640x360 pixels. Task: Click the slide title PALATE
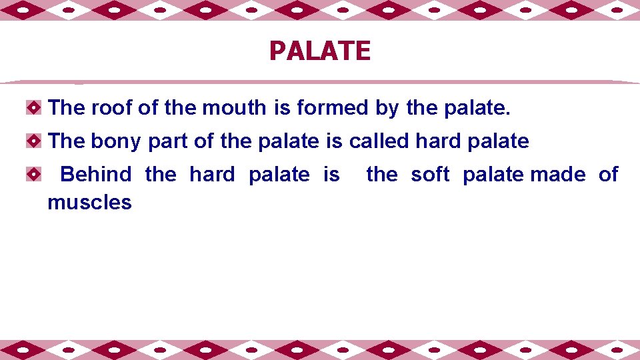pos(319,51)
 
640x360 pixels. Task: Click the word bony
pos(116,141)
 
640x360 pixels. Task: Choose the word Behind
pos(96,175)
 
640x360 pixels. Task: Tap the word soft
pos(430,175)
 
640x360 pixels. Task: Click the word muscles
pos(89,202)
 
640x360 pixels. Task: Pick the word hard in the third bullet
pos(212,175)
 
